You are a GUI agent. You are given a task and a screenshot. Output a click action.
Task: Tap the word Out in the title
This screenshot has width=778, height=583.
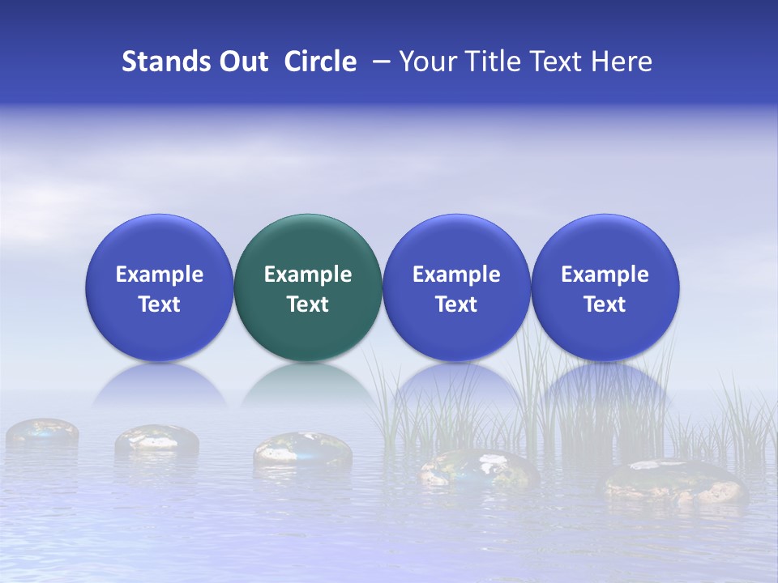pyautogui.click(x=242, y=62)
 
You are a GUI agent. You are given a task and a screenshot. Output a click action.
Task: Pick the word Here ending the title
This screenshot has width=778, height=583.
pyautogui.click(x=622, y=62)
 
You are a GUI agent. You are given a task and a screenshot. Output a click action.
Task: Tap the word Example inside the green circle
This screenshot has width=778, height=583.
pyautogui.click(x=308, y=274)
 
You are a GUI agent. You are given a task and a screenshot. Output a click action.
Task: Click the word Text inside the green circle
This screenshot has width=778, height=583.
pyautogui.click(x=308, y=304)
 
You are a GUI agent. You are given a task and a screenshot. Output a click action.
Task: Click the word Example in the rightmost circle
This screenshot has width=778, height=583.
pyautogui.click(x=605, y=274)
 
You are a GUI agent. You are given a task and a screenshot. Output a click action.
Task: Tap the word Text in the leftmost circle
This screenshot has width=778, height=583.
pyautogui.click(x=160, y=304)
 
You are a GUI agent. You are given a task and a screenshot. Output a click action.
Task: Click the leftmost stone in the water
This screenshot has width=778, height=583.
pyautogui.click(x=42, y=432)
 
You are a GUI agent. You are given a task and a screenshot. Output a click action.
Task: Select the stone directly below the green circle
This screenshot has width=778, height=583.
pyautogui.click(x=302, y=450)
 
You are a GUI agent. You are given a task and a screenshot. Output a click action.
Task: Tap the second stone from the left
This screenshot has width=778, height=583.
pyautogui.click(x=156, y=439)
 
